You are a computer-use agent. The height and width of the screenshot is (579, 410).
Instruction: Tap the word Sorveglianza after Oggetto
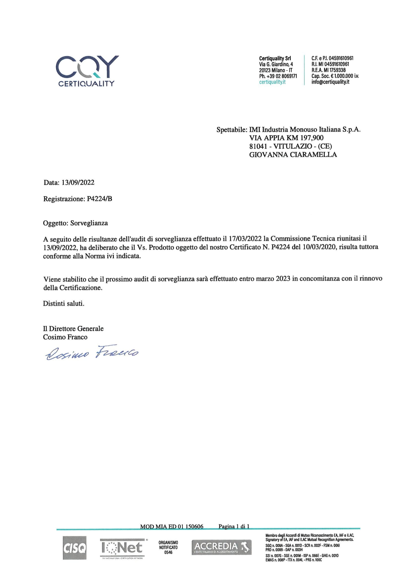point(89,223)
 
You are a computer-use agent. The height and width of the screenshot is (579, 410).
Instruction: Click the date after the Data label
point(78,183)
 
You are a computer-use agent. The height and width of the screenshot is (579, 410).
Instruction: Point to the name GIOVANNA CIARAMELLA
point(293,155)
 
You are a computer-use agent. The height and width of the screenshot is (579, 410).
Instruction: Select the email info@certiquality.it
point(330,82)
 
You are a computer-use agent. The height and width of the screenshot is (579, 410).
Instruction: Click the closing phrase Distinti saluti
point(64,304)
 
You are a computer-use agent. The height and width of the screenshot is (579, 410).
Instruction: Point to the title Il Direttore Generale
point(73,329)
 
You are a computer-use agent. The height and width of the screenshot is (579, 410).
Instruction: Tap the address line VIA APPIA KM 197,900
point(286,138)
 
